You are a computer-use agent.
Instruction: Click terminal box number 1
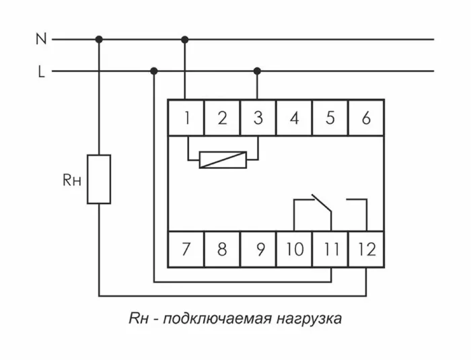(x=186, y=118)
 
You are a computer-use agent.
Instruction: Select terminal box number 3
(x=258, y=118)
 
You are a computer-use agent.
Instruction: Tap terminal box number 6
(x=366, y=118)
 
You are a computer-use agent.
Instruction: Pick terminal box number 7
(x=186, y=250)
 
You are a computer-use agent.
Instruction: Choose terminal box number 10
(x=294, y=250)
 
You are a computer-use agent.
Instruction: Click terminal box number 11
(x=330, y=250)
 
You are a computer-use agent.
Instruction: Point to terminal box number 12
(x=367, y=250)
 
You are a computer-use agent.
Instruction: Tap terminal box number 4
(x=294, y=118)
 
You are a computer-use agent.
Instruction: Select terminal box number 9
(x=258, y=250)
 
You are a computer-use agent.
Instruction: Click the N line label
(x=41, y=39)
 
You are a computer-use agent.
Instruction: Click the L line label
(x=41, y=71)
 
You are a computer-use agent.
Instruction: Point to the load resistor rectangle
(x=100, y=179)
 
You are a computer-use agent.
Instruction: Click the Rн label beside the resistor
(x=72, y=180)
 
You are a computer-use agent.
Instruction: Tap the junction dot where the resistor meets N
(x=100, y=39)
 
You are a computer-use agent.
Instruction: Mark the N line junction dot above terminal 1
(x=185, y=39)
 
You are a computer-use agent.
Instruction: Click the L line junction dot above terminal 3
(x=257, y=71)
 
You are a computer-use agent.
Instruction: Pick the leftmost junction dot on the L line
(x=154, y=71)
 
